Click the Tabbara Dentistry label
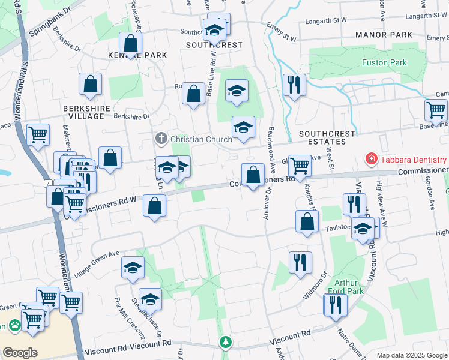click(414, 160)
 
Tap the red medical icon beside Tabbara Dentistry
click(372, 160)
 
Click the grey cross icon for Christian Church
click(161, 139)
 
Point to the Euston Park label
click(384, 62)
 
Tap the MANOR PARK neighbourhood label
click(384, 35)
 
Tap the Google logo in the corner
click(20, 352)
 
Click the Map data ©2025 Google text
click(411, 355)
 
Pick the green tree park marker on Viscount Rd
click(225, 342)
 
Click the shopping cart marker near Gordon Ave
click(436, 110)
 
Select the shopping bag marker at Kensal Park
click(130, 43)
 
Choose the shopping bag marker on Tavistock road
click(307, 221)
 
